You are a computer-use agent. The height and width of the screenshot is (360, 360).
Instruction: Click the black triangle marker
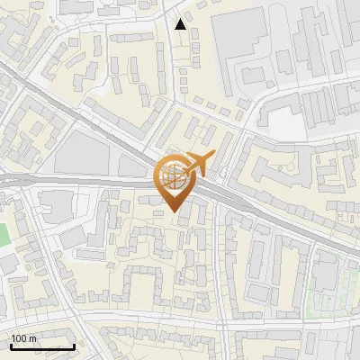(181, 24)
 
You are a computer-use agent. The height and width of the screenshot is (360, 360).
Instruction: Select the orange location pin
(176, 180)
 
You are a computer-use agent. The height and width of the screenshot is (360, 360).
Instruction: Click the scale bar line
(42, 347)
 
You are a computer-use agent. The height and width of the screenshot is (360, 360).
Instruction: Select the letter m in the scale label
(34, 338)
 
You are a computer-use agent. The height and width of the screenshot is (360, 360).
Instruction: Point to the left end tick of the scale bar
(11, 346)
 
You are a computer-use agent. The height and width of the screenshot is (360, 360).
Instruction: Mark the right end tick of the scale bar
(74, 346)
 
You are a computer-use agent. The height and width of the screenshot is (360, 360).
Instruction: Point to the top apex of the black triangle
(181, 19)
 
